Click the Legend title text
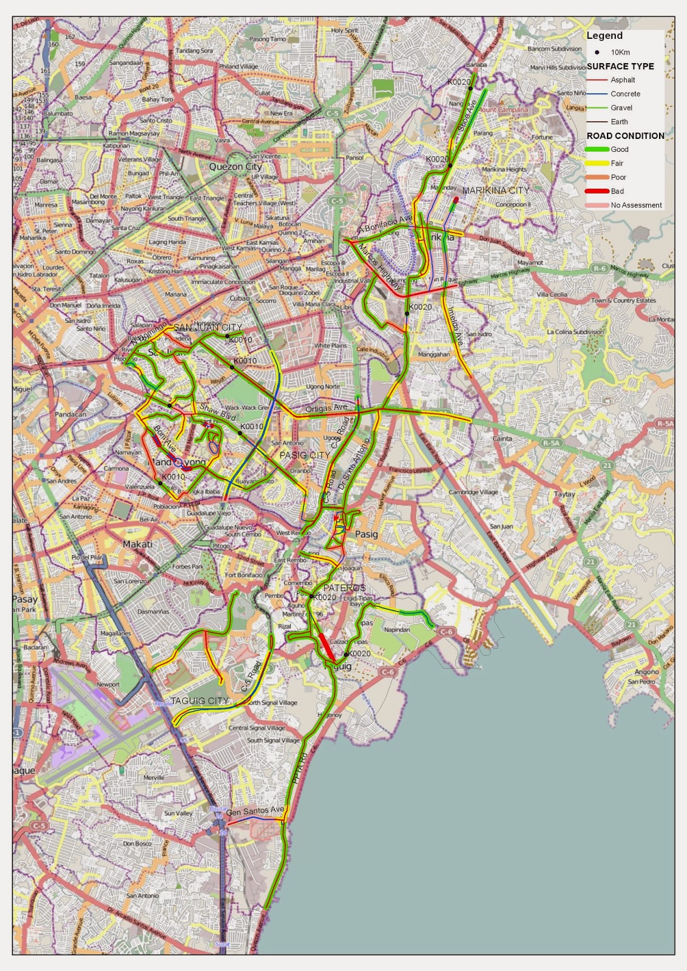click(x=604, y=36)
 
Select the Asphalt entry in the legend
click(x=623, y=80)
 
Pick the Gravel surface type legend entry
click(x=621, y=108)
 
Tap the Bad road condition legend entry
click(x=617, y=191)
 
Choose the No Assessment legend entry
click(x=636, y=205)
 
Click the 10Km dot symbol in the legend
click(x=597, y=52)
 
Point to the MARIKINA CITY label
click(x=495, y=191)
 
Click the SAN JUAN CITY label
click(x=208, y=328)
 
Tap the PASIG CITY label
click(x=305, y=455)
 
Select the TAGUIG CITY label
click(x=200, y=700)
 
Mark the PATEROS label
click(x=344, y=588)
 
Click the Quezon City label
click(x=235, y=166)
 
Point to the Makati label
click(x=138, y=544)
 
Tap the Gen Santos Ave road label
click(x=255, y=811)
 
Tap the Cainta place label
click(x=502, y=438)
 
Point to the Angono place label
click(x=646, y=672)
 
